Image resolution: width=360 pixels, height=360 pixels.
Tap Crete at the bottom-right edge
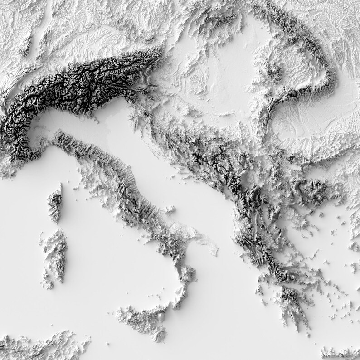pyautogui.click(x=340, y=353)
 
